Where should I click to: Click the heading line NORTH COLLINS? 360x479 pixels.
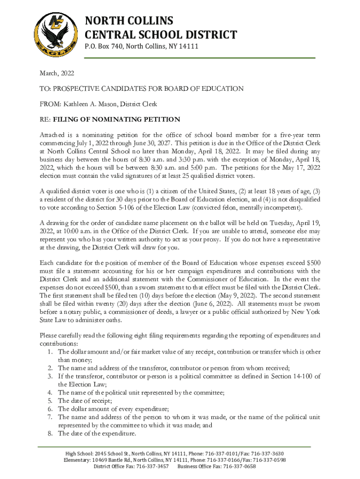click(129, 21)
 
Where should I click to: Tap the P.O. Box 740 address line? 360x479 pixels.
click(141, 46)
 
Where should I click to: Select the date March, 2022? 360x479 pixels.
click(57, 73)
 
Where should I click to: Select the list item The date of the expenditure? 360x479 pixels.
click(97, 434)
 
